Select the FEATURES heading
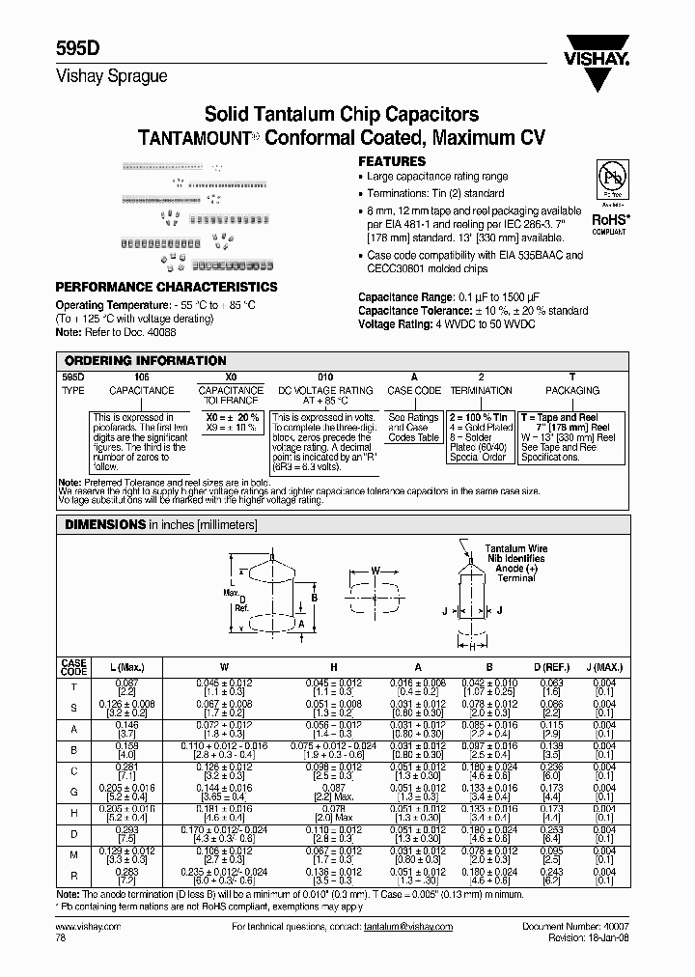click(392, 161)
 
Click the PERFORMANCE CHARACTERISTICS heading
click(166, 287)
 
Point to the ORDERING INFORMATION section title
click(144, 360)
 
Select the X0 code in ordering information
click(230, 377)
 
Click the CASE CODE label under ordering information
click(414, 391)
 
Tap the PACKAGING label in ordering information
click(572, 391)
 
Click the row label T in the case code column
click(74, 686)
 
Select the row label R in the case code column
click(74, 878)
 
